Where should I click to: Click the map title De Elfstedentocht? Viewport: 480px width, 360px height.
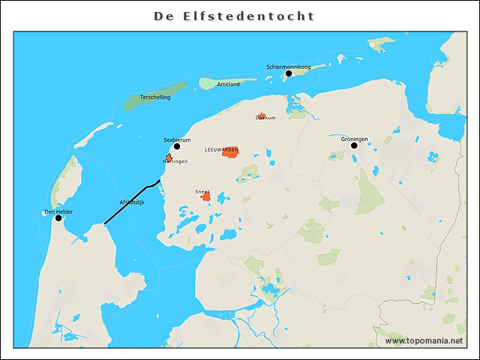[x=234, y=16]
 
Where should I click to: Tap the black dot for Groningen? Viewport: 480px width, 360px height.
[x=354, y=145]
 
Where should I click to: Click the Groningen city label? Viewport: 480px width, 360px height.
[x=354, y=139]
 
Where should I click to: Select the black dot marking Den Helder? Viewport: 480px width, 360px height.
[x=58, y=218]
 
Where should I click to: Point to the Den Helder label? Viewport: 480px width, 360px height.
[x=58, y=211]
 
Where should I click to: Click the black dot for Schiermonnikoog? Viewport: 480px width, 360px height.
[x=288, y=73]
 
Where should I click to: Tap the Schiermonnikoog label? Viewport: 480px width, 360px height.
[x=288, y=67]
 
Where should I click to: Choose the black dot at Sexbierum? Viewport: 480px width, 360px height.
[x=177, y=146]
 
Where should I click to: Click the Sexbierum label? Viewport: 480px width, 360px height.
[x=177, y=139]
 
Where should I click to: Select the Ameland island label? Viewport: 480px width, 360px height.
[x=228, y=84]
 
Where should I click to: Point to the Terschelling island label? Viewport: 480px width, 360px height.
[x=155, y=97]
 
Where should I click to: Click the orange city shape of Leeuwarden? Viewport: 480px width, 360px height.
[x=230, y=152]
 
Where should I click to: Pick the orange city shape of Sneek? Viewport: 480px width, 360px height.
[x=206, y=196]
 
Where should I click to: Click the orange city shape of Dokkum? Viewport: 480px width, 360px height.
[x=261, y=116]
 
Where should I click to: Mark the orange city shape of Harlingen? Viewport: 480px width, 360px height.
[x=169, y=157]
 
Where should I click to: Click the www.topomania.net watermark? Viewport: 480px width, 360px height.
[x=424, y=340]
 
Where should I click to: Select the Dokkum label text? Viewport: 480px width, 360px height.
[x=265, y=118]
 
